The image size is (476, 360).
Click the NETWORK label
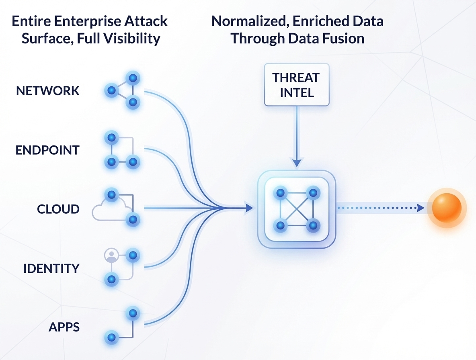click(x=48, y=91)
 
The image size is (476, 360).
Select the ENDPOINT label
click(x=47, y=150)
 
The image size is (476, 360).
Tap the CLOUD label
click(x=58, y=209)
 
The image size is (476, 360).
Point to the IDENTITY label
click(x=51, y=268)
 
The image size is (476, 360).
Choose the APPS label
click(x=64, y=327)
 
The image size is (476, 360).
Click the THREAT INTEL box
click(x=297, y=85)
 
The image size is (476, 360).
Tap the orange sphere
click(x=446, y=208)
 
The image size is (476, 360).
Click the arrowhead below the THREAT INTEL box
click(x=297, y=162)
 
